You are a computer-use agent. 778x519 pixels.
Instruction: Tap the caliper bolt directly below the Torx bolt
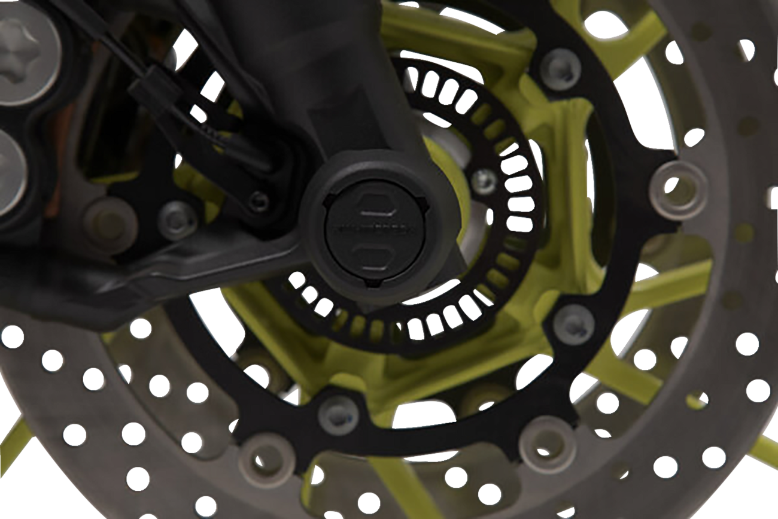point(9,165)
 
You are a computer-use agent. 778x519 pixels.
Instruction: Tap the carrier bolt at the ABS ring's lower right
point(573,324)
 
